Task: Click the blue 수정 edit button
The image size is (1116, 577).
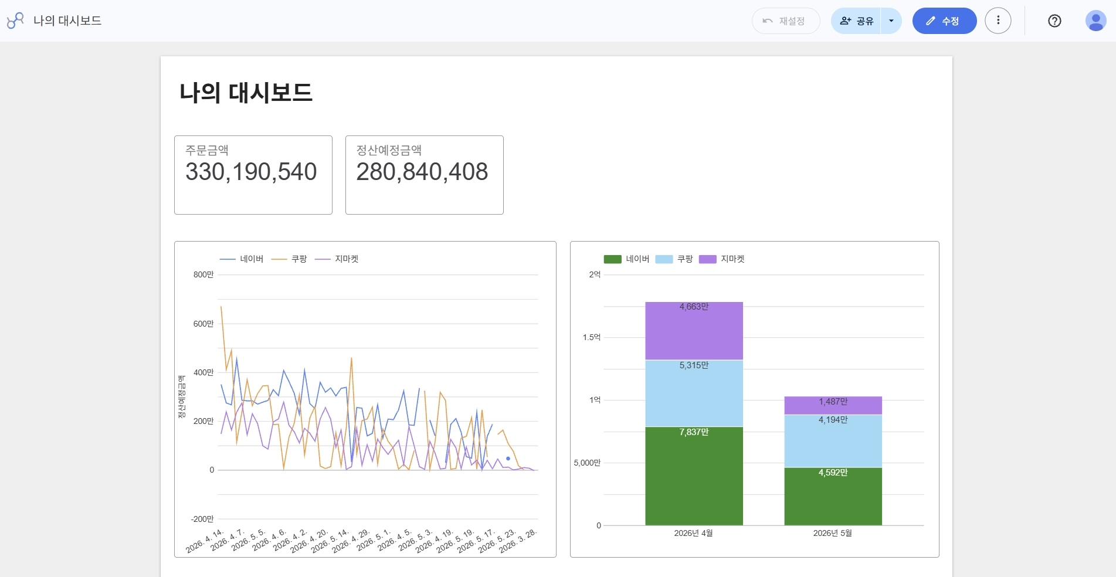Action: pos(944,21)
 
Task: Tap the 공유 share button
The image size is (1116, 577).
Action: pos(856,21)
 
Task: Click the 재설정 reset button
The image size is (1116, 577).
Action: pos(786,21)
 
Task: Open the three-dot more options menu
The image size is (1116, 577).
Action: pos(998,21)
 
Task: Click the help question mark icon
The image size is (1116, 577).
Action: pos(1054,21)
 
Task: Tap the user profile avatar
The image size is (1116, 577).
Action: pos(1095,21)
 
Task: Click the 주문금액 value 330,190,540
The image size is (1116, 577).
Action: pos(251,172)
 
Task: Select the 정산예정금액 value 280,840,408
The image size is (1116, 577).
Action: pos(422,172)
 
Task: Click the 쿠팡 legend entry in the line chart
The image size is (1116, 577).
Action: pos(289,259)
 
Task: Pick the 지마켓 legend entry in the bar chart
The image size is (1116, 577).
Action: pos(722,259)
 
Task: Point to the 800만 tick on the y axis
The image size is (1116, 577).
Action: pos(203,274)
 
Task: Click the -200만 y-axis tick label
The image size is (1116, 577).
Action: pos(202,519)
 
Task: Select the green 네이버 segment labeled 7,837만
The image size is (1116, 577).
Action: pos(694,476)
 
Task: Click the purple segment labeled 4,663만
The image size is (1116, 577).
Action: pos(694,331)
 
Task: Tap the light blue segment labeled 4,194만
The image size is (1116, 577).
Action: pos(833,441)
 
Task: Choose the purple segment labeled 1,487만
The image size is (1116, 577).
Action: pos(833,405)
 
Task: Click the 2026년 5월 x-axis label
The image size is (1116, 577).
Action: pos(833,533)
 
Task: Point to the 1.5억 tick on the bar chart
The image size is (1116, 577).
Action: pos(592,337)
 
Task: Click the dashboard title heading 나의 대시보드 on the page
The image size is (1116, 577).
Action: pos(246,93)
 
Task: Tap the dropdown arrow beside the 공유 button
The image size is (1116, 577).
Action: pos(891,21)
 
